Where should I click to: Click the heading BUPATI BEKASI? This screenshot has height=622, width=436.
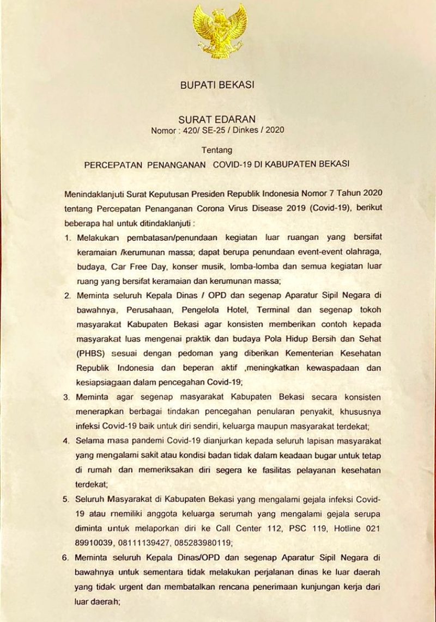[x=217, y=85]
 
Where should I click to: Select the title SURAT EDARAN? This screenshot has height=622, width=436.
[x=217, y=119]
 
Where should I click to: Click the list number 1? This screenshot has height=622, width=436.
[x=68, y=238]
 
